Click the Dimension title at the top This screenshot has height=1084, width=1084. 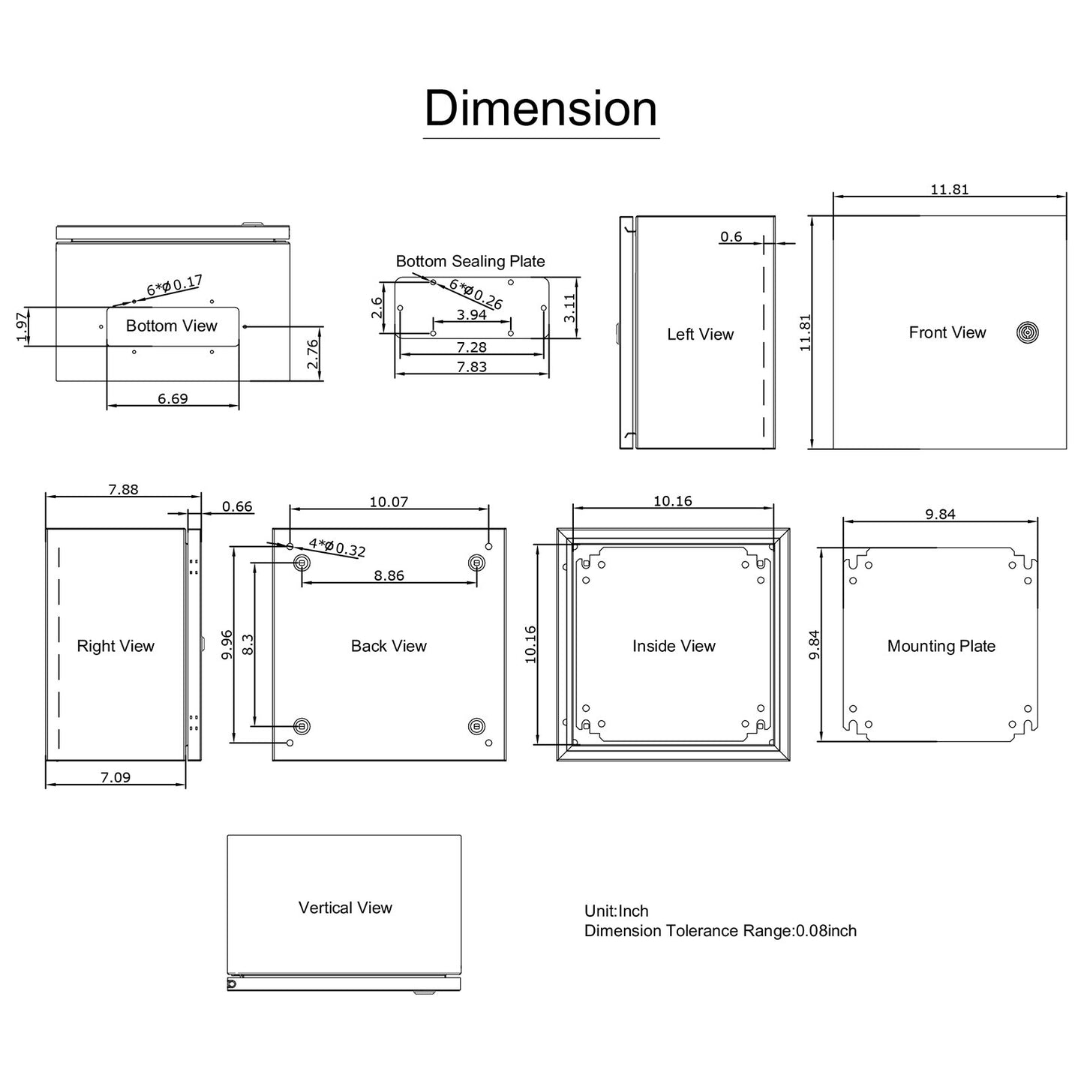[541, 109]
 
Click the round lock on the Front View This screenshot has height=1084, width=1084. [1027, 332]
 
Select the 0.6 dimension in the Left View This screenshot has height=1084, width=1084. [731, 237]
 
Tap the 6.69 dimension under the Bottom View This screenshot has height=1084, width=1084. [173, 398]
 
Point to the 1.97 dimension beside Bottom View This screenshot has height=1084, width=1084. [22, 326]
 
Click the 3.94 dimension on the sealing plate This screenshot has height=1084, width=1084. [472, 314]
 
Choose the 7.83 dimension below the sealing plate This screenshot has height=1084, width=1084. [472, 366]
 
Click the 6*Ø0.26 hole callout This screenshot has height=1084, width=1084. [476, 294]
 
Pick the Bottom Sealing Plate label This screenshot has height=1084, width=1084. [470, 261]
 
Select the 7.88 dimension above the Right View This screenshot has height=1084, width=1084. [123, 489]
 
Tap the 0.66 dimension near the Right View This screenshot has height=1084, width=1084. [237, 506]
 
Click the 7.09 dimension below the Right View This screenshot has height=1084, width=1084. [116, 777]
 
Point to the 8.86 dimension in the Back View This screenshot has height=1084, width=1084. [389, 575]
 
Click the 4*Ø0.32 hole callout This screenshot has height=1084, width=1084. [337, 548]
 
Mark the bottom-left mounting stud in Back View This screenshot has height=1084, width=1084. [302, 725]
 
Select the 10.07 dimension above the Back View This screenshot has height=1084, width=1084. [389, 502]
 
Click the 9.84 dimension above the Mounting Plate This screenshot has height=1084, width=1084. [940, 514]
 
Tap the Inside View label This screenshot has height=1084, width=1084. [674, 646]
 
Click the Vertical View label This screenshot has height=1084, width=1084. [345, 908]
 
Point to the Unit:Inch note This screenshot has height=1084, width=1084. [617, 911]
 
